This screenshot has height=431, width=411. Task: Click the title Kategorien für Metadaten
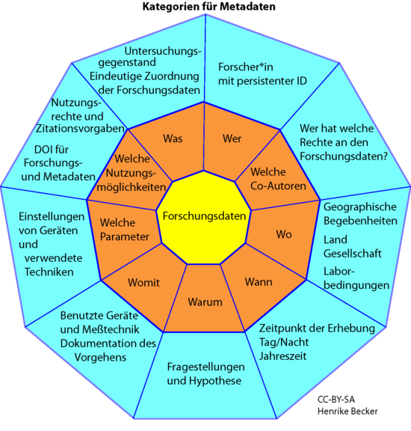tap(208, 7)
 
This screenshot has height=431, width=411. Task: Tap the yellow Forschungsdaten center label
tap(204, 216)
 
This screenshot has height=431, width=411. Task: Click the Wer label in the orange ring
tap(232, 138)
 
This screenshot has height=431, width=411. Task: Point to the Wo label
tap(284, 234)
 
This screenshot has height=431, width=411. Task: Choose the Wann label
tap(259, 282)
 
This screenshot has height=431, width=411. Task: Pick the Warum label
tap(205, 302)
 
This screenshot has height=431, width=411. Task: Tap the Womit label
tap(143, 283)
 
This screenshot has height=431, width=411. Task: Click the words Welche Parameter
tap(124, 230)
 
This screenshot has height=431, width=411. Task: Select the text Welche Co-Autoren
tap(278, 179)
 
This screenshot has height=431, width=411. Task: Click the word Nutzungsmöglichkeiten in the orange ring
tap(132, 180)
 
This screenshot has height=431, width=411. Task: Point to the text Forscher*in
tap(245, 67)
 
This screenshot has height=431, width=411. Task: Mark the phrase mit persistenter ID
tap(262, 81)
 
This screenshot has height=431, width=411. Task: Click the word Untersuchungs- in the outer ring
tap(163, 51)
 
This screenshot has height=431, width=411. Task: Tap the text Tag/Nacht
tap(284, 342)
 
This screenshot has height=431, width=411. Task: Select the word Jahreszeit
tap(282, 356)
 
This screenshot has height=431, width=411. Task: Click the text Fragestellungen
tap(206, 367)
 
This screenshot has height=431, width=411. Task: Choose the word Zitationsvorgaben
tap(80, 129)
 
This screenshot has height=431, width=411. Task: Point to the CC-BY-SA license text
tap(336, 400)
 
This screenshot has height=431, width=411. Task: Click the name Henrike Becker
tap(347, 412)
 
